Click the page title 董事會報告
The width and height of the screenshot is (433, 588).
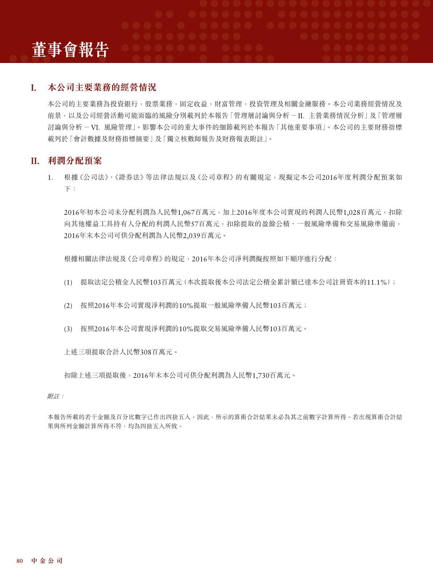(70, 50)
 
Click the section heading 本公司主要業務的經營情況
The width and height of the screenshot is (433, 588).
(102, 88)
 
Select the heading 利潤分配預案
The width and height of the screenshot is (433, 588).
(75, 161)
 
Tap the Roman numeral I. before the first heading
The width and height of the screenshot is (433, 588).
(33, 88)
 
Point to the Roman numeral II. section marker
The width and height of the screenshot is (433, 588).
(35, 161)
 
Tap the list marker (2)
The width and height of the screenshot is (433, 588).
(68, 306)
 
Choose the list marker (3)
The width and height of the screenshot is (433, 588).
(68, 329)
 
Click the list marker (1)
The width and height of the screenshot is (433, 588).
(68, 283)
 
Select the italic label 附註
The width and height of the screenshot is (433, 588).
(54, 396)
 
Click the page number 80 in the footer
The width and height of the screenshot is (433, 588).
(20, 561)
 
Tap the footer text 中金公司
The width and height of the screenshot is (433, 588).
(47, 561)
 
